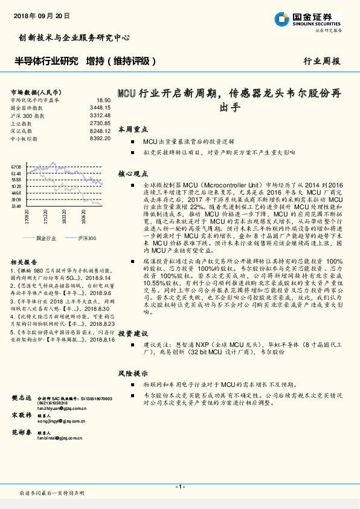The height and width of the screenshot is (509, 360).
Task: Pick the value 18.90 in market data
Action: tap(103, 100)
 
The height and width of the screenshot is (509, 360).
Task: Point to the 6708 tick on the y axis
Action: tap(16, 166)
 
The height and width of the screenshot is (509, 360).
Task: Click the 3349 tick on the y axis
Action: tap(16, 206)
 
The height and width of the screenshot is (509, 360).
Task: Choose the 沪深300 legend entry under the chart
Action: tap(86, 238)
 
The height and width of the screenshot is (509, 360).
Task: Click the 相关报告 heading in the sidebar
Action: tap(21, 262)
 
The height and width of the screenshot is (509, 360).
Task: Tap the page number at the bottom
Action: tap(179, 487)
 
